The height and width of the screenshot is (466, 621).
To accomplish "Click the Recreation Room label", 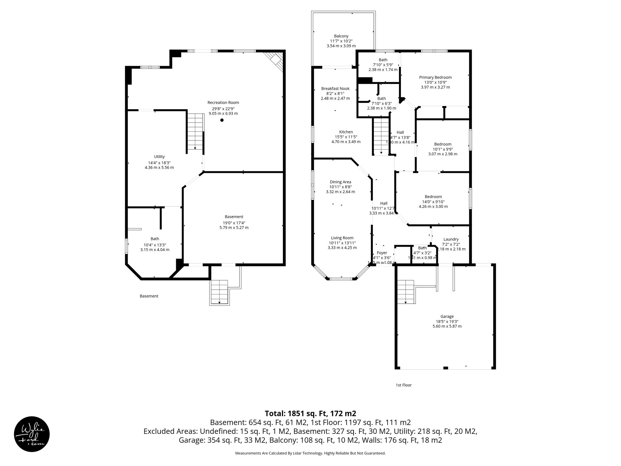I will click(x=223, y=103).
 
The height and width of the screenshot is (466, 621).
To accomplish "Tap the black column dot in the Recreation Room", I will click(x=222, y=120).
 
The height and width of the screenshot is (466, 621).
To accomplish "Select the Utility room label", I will click(x=159, y=157).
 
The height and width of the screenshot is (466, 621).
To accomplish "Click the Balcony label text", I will click(x=341, y=36).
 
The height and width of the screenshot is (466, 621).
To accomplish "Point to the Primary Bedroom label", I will click(x=435, y=77).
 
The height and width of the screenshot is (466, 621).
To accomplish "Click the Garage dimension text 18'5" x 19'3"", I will click(x=447, y=321).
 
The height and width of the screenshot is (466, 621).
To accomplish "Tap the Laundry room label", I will click(x=451, y=239).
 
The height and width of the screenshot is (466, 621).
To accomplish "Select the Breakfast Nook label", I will click(x=335, y=89).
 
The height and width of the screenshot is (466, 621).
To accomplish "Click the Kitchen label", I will click(x=346, y=132).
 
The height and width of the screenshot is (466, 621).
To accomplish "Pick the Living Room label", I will click(x=342, y=238).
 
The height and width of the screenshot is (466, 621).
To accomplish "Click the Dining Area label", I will click(x=340, y=182).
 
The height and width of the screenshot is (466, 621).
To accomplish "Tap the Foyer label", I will click(x=382, y=253).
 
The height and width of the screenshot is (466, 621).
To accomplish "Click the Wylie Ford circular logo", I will click(x=32, y=434).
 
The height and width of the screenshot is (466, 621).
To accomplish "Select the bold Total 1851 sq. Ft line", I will click(x=310, y=413).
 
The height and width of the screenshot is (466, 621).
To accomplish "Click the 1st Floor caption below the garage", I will click(x=403, y=385).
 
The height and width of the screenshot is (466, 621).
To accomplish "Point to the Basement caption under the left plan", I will click(x=149, y=296).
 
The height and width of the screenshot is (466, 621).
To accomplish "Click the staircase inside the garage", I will click(x=406, y=292).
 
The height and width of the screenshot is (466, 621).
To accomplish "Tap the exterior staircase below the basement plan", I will click(x=219, y=292).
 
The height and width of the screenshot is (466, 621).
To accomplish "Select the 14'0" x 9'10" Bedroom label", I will click(x=433, y=197).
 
